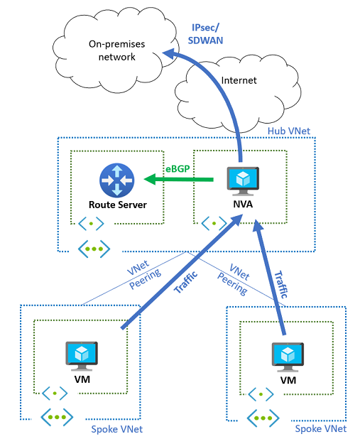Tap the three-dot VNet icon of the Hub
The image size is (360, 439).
(x=92, y=249)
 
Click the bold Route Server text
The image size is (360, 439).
(x=118, y=205)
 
